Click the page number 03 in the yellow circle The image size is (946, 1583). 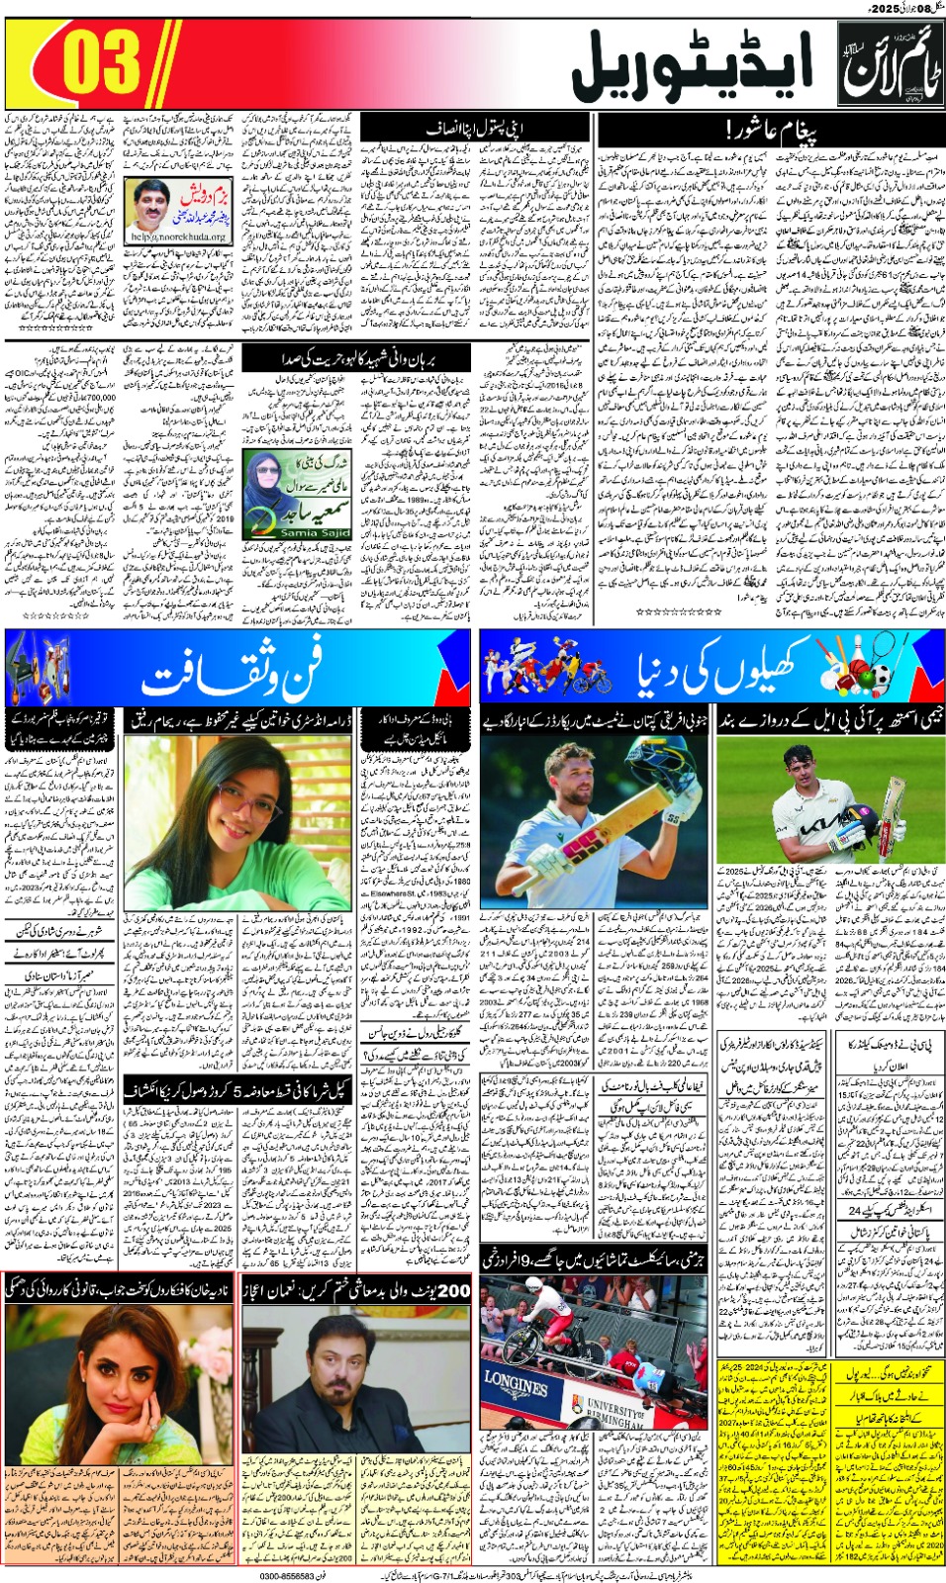[x=102, y=62]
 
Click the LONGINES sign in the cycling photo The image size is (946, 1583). [x=517, y=1383]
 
